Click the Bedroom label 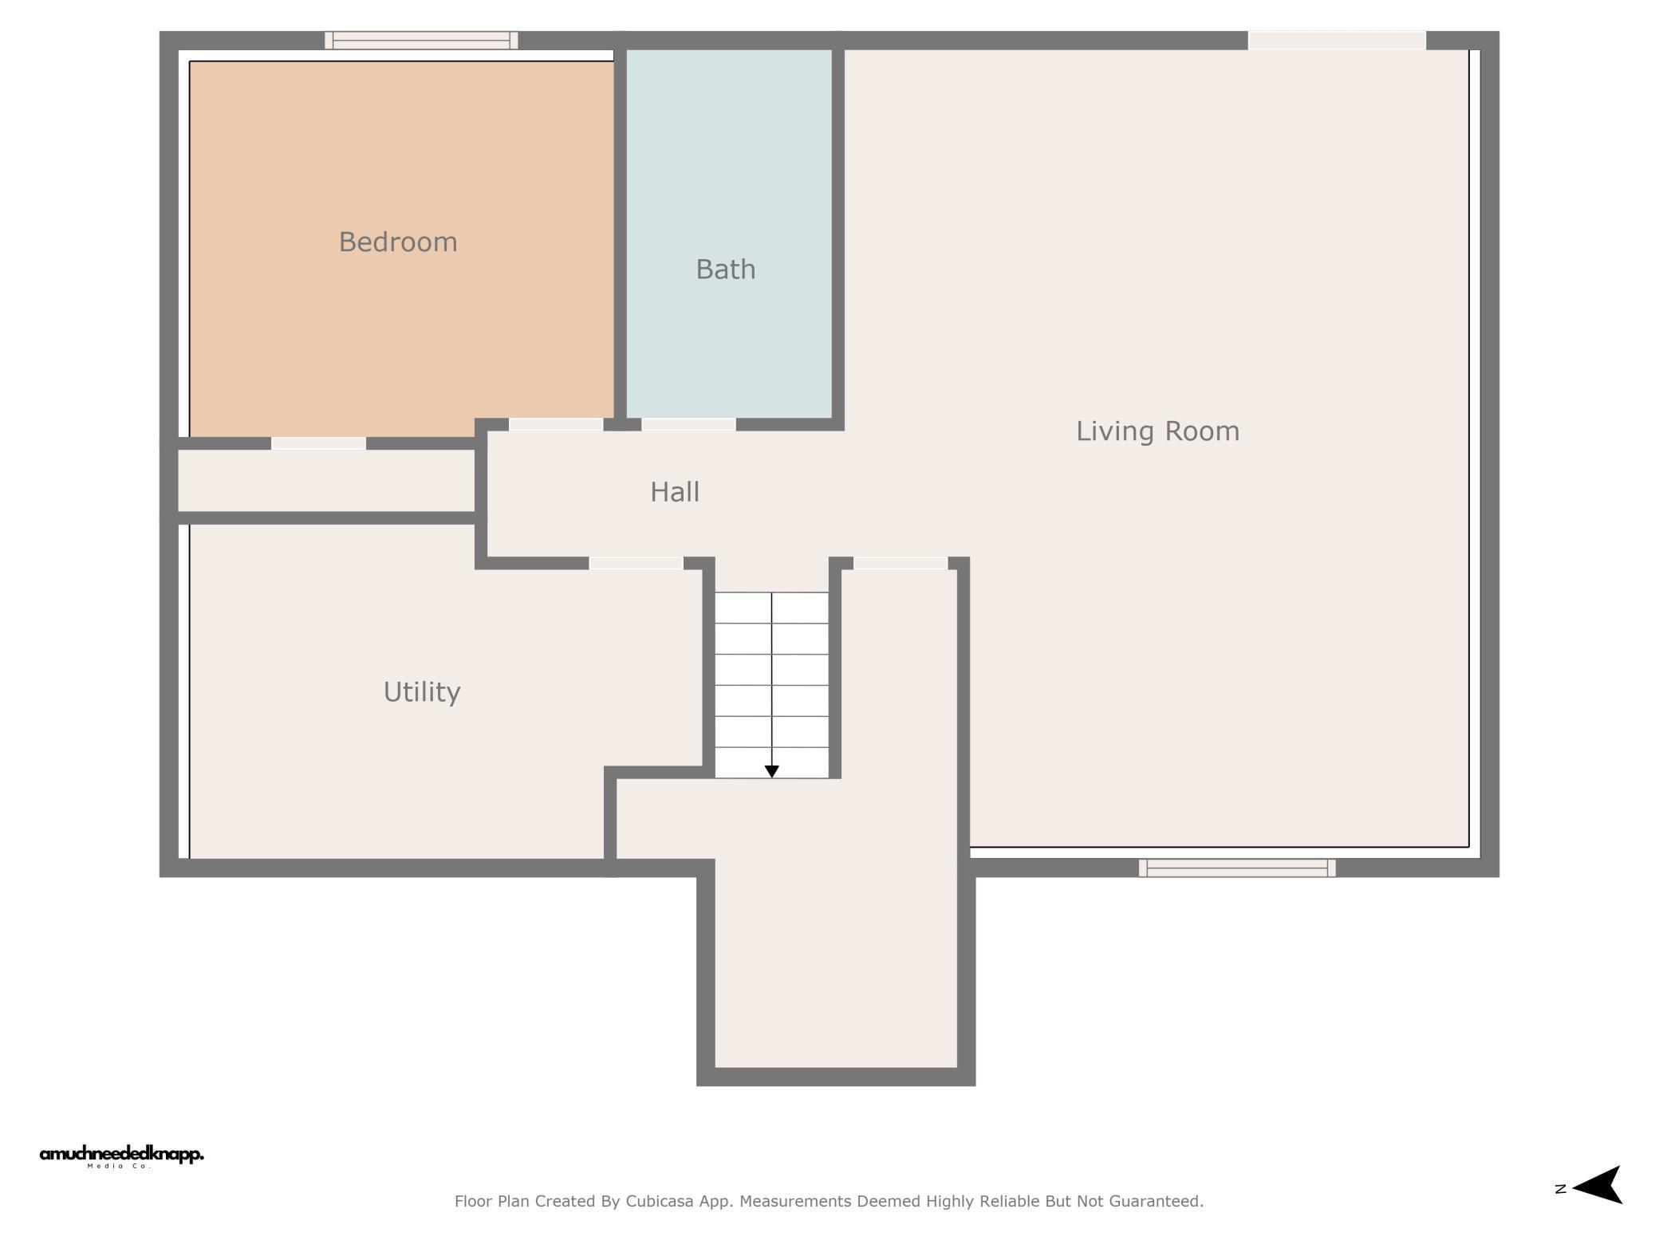tap(398, 242)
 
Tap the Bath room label tap(726, 270)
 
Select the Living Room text tap(1157, 431)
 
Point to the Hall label tap(675, 492)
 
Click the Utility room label tap(422, 692)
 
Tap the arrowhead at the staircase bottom tap(771, 772)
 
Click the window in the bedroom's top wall tap(421, 40)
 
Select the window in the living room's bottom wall tap(1237, 868)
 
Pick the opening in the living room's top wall tap(1337, 40)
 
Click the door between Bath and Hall tap(688, 424)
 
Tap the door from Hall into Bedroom tap(556, 424)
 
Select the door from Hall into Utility tap(636, 563)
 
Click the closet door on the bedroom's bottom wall tap(318, 443)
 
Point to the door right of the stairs tap(900, 563)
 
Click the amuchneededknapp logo tap(121, 1156)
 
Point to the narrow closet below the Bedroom tap(326, 481)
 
